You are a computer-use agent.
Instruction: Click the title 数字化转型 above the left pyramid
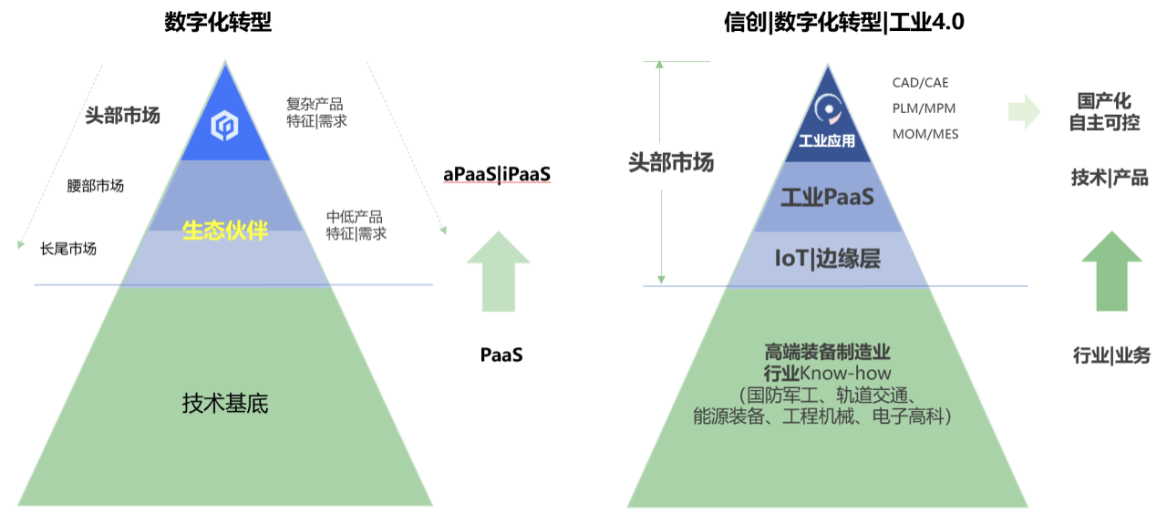[x=218, y=22]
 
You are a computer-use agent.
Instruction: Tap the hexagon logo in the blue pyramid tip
[x=224, y=126]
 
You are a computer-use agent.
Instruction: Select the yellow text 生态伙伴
[x=225, y=231]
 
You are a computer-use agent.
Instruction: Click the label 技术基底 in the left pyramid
[x=225, y=403]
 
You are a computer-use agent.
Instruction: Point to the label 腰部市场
[x=96, y=186]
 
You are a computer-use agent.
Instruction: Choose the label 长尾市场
[x=68, y=249]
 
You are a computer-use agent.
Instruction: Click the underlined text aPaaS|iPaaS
[x=497, y=174]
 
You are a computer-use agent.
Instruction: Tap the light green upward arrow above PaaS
[x=499, y=271]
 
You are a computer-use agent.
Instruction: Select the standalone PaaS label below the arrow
[x=501, y=355]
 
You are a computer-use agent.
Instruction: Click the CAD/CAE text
[x=921, y=83]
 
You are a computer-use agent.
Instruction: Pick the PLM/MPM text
[x=925, y=108]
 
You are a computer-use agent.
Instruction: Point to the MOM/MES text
[x=925, y=134]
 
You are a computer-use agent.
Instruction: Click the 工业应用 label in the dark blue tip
[x=827, y=141]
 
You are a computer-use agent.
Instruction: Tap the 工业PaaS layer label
[x=828, y=197]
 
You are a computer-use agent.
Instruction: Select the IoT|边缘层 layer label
[x=828, y=259]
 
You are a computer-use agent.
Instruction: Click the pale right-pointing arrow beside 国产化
[x=1025, y=111]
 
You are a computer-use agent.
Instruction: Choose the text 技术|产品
[x=1110, y=178]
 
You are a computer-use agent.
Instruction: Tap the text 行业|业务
[x=1111, y=355]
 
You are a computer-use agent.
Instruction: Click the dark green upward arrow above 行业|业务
[x=1112, y=271]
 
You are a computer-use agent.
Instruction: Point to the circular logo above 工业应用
[x=829, y=108]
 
